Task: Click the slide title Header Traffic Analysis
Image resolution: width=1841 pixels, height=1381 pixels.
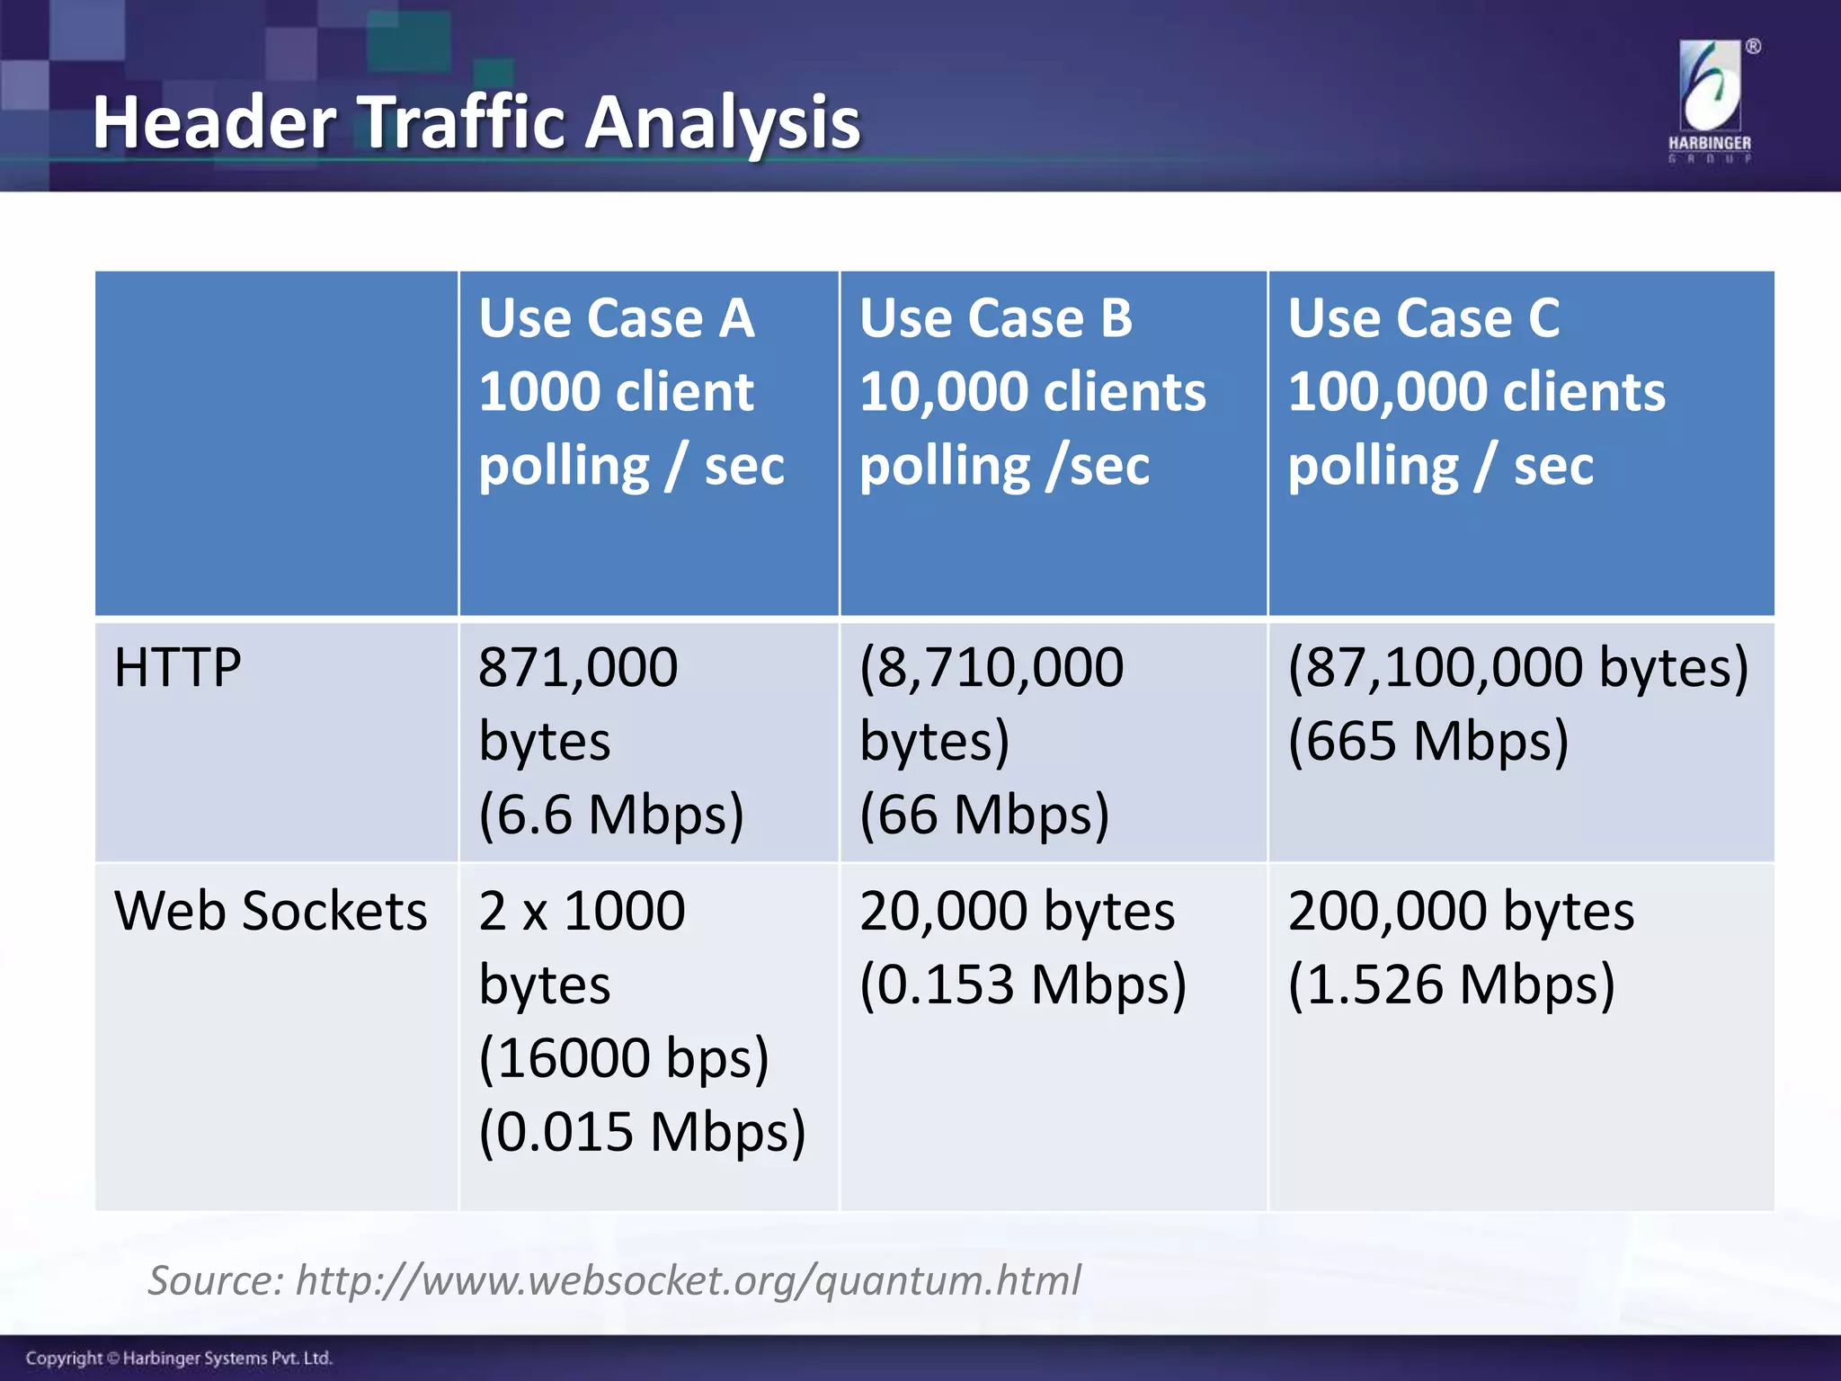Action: (476, 122)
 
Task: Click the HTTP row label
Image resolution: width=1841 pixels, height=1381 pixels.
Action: (178, 668)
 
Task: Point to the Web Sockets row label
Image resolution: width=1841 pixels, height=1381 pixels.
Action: (271, 911)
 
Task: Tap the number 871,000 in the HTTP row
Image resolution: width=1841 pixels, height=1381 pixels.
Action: (578, 668)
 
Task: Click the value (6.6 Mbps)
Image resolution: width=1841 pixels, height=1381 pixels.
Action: (611, 815)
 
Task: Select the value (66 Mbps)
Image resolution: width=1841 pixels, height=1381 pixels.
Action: (984, 815)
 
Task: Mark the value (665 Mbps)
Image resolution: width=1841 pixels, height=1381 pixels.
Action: (1428, 741)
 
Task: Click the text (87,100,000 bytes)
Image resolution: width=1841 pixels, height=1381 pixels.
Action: (1518, 668)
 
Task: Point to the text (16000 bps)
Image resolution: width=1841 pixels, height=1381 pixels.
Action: (624, 1057)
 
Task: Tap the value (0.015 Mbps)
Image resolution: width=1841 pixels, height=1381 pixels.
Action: (642, 1131)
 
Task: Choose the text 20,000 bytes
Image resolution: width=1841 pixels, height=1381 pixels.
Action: (1017, 911)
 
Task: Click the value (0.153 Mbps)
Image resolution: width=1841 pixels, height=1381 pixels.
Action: (1023, 985)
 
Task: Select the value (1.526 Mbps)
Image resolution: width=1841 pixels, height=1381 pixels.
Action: (1452, 985)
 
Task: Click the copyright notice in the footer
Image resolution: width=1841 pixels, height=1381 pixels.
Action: (179, 1358)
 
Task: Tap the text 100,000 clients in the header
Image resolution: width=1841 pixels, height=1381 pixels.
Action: (1477, 392)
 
